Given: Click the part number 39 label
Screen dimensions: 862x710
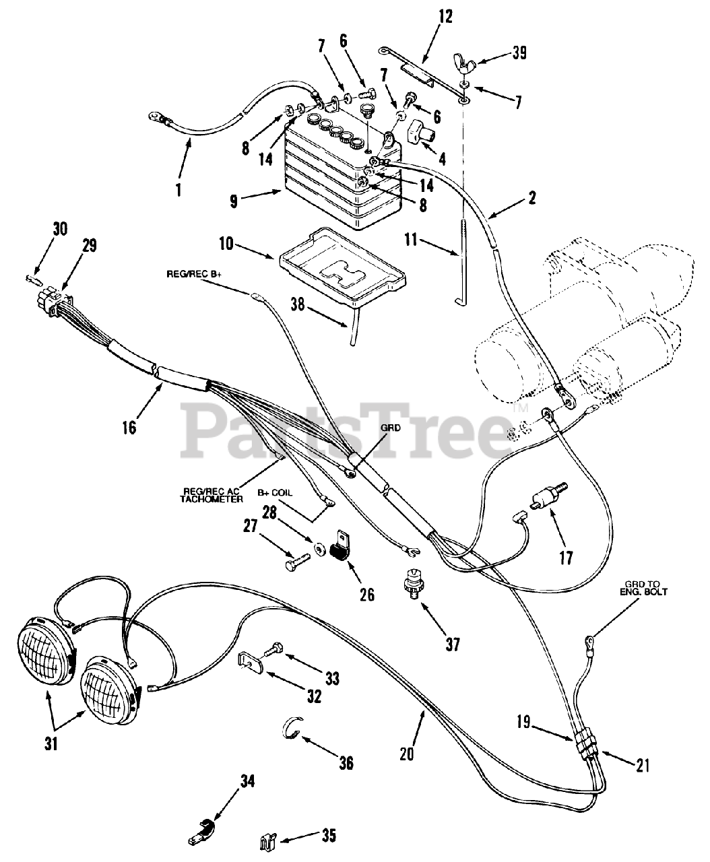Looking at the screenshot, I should coord(519,53).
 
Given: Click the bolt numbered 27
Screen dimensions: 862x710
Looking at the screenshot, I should coord(299,558).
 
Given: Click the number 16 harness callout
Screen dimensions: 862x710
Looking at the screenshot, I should coord(129,427).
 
